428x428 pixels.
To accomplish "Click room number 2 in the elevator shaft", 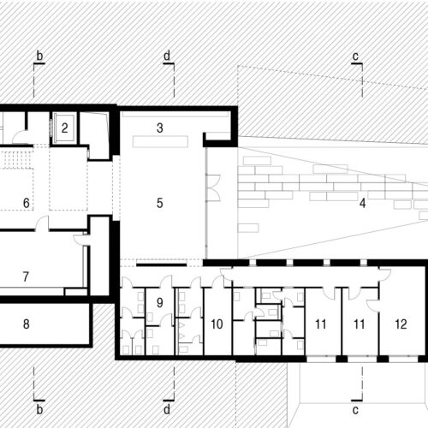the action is coord(64,128).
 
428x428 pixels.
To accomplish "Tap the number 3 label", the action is coord(160,128).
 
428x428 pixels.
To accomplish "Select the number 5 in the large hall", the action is coord(160,203).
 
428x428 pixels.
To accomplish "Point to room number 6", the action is coord(27,203).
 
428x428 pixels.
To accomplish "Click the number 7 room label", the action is coord(26,276).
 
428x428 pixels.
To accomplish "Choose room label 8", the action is coord(27,324).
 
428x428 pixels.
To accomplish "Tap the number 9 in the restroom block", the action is coord(160,302).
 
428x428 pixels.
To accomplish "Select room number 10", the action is coord(217,324).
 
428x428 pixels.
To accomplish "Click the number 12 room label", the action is coord(401,324).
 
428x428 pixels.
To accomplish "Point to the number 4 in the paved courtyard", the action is coord(362,203).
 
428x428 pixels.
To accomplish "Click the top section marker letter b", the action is coord(39,56).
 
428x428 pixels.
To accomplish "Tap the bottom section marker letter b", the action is coord(39,409).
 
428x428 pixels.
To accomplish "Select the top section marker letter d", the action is coord(167,56).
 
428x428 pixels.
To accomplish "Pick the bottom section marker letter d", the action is coord(167,409).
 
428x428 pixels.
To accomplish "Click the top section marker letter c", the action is coord(355,56).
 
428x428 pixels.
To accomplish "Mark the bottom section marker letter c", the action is coord(355,410).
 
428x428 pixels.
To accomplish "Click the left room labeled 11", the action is coord(321,324).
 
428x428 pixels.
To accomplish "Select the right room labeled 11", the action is coord(359,324).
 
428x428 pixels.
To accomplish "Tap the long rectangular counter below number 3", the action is coord(160,141).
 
